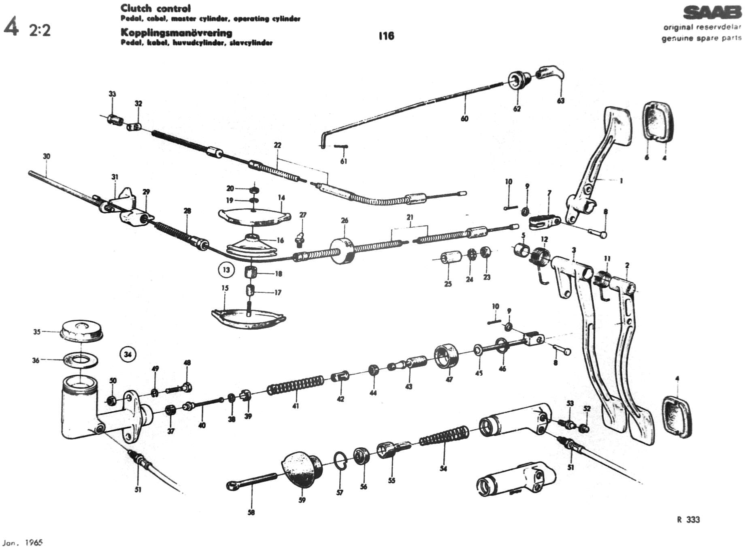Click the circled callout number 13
click(226, 270)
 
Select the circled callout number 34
click(128, 355)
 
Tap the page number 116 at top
click(386, 36)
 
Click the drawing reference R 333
click(688, 520)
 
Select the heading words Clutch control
click(155, 8)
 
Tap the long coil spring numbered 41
click(295, 385)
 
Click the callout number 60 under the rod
click(464, 118)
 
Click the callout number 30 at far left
click(47, 156)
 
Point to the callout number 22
click(277, 145)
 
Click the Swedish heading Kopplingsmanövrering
click(176, 33)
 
